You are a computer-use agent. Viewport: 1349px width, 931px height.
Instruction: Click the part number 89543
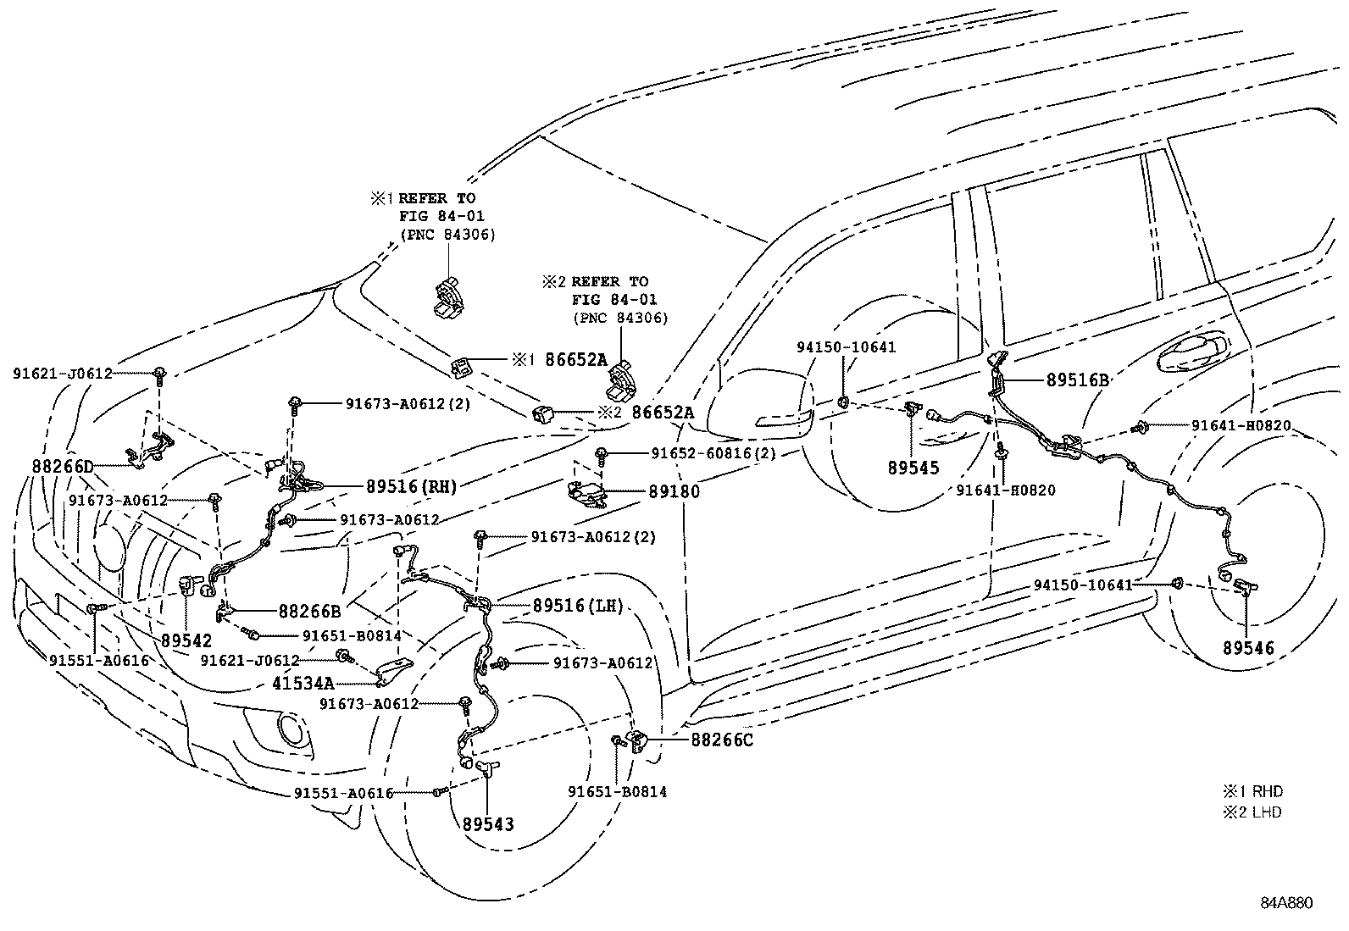488,823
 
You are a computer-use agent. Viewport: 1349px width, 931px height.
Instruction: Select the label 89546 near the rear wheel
1247,648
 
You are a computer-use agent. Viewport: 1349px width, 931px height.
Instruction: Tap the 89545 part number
913,467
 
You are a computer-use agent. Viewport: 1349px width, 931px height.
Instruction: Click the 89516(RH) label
411,486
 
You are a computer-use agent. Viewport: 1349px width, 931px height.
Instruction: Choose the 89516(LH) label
578,606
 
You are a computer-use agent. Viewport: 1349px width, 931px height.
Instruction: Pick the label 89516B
1077,380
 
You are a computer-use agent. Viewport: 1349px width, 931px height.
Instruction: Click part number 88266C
722,740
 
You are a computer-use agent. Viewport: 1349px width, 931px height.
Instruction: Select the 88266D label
63,466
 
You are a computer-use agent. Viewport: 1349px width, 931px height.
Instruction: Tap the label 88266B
309,610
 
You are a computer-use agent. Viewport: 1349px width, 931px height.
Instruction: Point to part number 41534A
303,682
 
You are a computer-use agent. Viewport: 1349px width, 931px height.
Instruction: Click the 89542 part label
186,640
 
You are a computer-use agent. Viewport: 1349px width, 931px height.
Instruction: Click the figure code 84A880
1285,903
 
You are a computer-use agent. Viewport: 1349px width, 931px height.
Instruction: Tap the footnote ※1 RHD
1252,791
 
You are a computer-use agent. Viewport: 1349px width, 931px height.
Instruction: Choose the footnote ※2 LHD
1252,812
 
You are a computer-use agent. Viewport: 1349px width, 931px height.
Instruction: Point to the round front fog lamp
291,729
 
